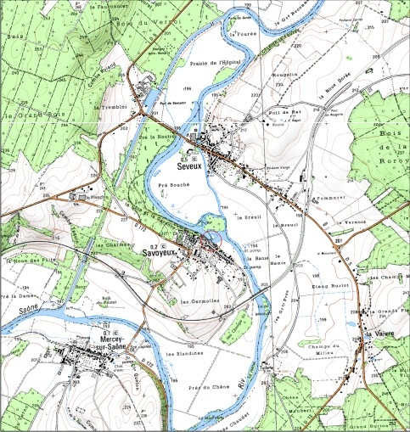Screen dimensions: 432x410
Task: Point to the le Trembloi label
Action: click(x=110, y=108)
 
